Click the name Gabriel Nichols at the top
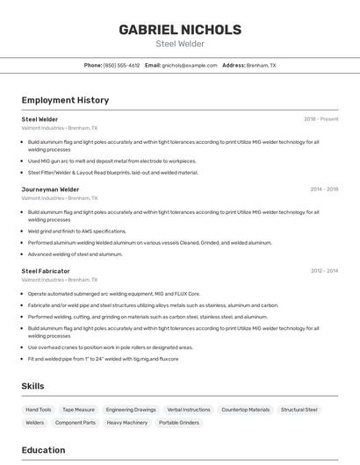point(179,29)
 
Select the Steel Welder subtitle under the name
point(179,43)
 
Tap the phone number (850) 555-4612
point(121,66)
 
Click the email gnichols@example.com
point(188,66)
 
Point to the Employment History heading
point(65,100)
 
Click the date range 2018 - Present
point(320,118)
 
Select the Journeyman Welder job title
point(50,189)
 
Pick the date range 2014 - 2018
point(324,189)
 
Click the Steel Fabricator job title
point(46,271)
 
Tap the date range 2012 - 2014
point(324,271)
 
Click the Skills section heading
point(32,386)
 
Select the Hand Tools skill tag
point(39,410)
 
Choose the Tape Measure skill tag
point(79,410)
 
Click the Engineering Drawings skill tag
point(131,410)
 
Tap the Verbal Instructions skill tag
point(189,410)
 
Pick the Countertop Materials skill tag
point(246,410)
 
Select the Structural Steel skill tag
point(299,410)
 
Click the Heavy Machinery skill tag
point(127,423)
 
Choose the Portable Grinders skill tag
point(180,423)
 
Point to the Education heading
point(43,450)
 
